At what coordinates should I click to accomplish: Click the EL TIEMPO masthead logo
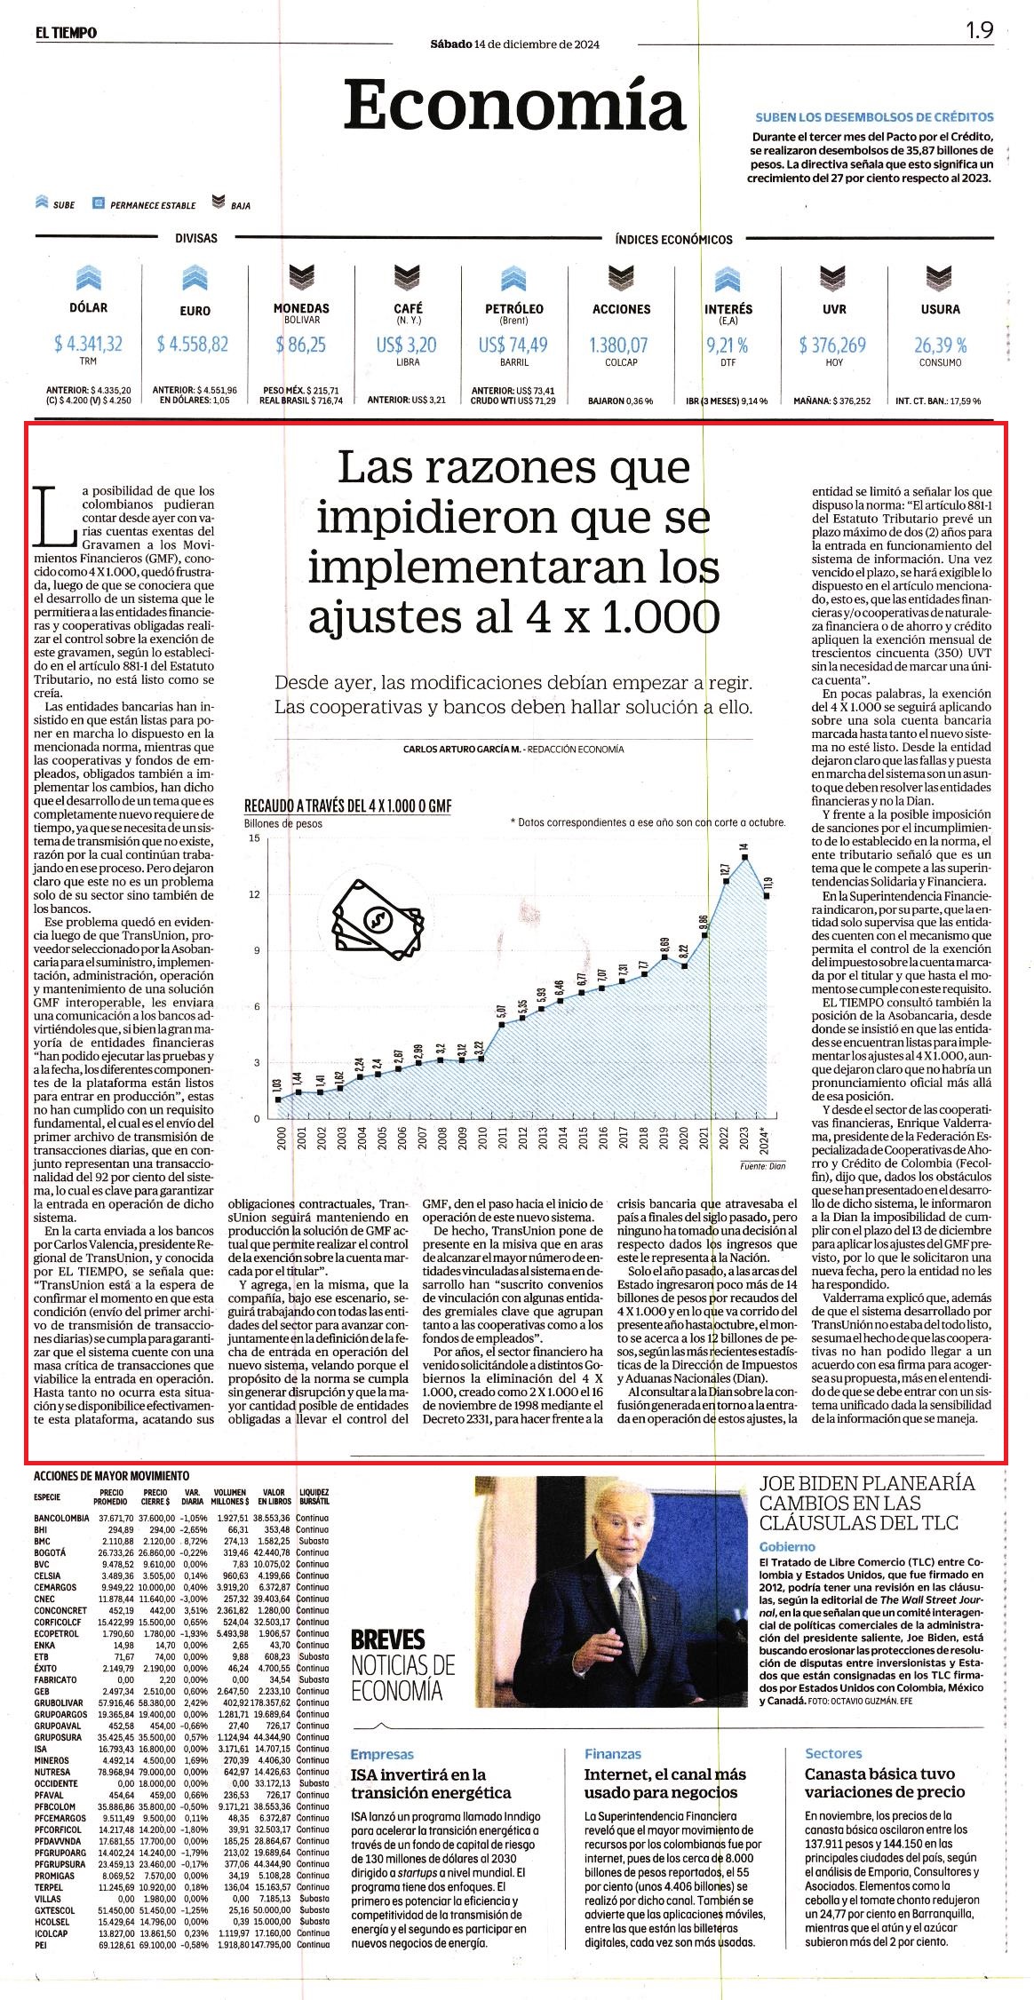(x=67, y=33)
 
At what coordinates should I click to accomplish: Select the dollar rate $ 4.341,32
(x=88, y=344)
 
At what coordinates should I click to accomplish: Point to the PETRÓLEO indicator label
(x=514, y=308)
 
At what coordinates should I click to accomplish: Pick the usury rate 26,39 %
(x=940, y=345)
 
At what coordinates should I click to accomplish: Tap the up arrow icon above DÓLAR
(x=88, y=279)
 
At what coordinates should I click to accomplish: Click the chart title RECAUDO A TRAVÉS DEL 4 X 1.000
(x=348, y=806)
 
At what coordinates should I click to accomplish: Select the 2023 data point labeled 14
(x=747, y=856)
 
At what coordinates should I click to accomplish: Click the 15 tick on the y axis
(x=255, y=837)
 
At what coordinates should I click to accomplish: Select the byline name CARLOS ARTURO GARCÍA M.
(x=462, y=749)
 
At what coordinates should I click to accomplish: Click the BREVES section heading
(x=388, y=1639)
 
